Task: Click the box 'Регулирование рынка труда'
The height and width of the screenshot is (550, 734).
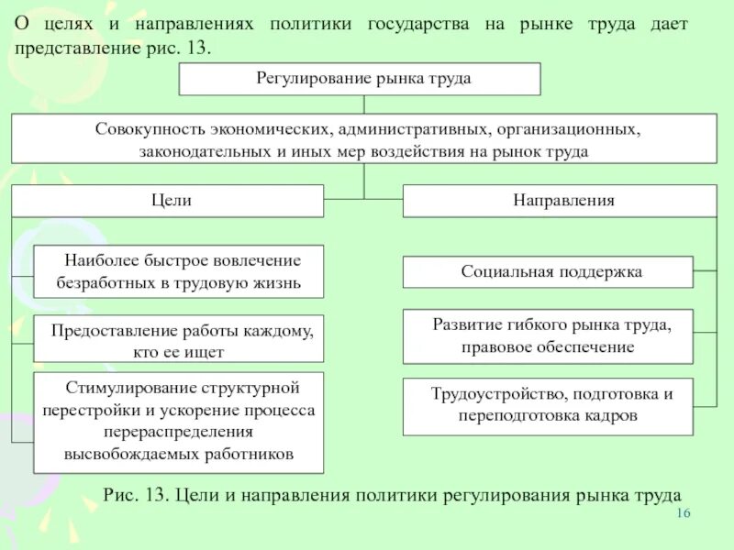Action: [x=360, y=79]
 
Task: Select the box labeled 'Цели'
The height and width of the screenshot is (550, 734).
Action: [x=167, y=201]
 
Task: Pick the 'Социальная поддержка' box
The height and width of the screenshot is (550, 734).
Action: [x=549, y=272]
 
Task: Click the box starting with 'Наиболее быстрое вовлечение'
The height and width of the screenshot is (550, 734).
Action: [x=179, y=271]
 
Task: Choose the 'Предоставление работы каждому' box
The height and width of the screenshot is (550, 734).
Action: [x=179, y=340]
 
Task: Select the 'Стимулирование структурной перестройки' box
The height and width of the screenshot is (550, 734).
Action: [x=179, y=422]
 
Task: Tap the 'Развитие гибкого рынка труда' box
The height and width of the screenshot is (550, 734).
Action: [x=549, y=335]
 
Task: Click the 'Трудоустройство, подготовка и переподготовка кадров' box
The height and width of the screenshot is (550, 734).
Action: [x=549, y=405]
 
